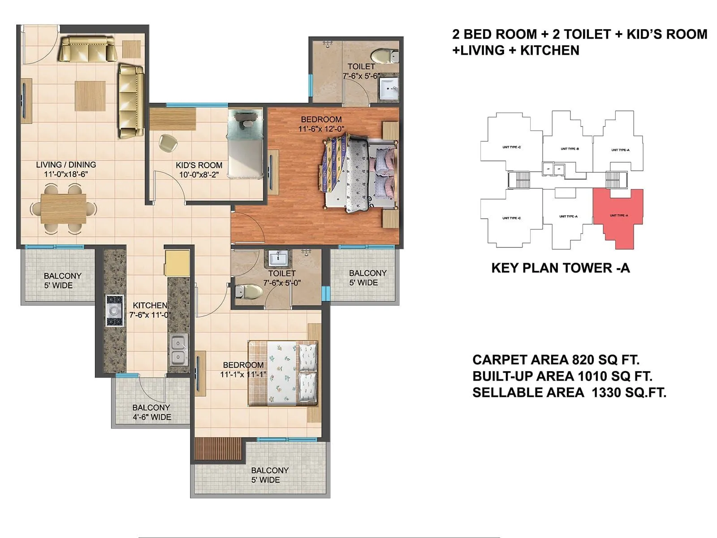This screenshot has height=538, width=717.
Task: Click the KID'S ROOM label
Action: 199,165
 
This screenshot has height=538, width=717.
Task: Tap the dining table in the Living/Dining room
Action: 63,209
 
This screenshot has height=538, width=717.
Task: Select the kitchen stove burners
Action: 114,310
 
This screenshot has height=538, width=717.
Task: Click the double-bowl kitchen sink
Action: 179,350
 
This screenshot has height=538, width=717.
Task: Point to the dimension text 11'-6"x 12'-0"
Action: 321,129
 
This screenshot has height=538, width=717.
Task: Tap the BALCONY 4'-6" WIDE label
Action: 151,412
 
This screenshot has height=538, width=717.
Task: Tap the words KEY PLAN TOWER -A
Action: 561,268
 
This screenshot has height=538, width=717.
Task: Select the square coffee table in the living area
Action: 90,95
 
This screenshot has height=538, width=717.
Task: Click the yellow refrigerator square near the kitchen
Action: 177,262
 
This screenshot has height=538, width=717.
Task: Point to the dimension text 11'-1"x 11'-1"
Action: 243,374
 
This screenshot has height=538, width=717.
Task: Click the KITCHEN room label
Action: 150,305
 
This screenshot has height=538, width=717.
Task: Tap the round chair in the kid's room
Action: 168,142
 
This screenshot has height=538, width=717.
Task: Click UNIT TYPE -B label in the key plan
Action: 570,148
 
